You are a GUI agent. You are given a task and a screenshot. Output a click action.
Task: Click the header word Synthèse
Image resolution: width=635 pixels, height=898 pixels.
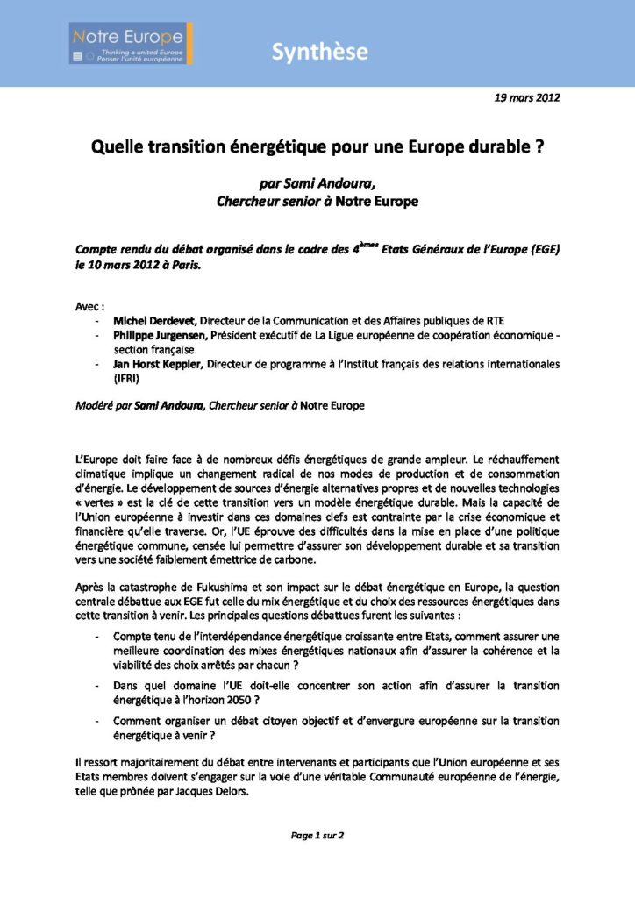(x=319, y=52)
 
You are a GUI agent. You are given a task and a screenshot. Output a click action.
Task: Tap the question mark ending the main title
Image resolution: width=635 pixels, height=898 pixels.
(x=538, y=147)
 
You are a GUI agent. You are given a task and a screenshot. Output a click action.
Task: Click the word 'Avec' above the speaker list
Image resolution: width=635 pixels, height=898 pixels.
(x=89, y=307)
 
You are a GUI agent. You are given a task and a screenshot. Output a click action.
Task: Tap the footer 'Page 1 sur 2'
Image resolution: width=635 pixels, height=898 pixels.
(x=317, y=835)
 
